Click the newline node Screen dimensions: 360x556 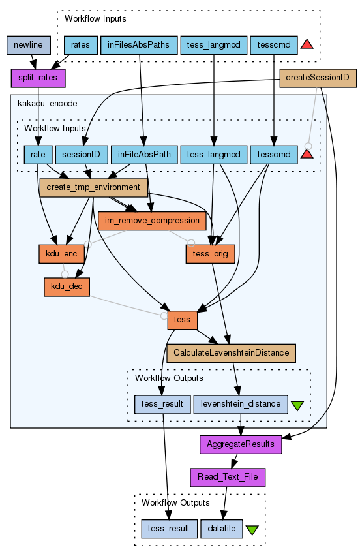[x=28, y=45]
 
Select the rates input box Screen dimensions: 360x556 [x=80, y=45]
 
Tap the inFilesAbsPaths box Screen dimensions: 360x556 [x=139, y=45]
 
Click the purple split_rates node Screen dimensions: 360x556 [x=38, y=78]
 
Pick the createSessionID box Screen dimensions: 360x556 [x=318, y=78]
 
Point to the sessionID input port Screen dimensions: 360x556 [x=82, y=155]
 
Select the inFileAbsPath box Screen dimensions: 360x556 [x=144, y=155]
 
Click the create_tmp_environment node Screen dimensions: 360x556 [x=93, y=187]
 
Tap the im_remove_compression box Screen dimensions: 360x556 [x=152, y=221]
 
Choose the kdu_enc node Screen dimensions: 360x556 [x=61, y=254]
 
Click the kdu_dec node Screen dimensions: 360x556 [x=67, y=287]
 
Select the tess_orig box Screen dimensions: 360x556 [x=211, y=254]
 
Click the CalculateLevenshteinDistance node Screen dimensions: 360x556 [x=231, y=353]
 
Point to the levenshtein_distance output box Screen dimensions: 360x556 [x=241, y=404]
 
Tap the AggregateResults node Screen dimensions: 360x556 [x=241, y=444]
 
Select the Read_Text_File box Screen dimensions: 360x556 [x=228, y=477]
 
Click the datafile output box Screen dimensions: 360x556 [x=222, y=529]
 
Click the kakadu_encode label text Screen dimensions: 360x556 [x=48, y=104]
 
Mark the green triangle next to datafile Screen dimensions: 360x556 [x=252, y=530]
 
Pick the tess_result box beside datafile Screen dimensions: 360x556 [x=169, y=529]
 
